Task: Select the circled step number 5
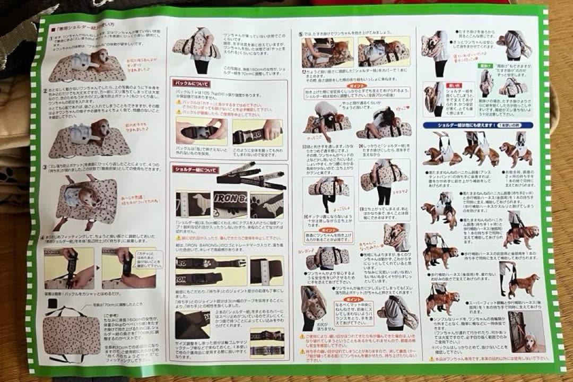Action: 300,33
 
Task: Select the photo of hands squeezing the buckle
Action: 201,130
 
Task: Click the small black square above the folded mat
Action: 51,302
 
